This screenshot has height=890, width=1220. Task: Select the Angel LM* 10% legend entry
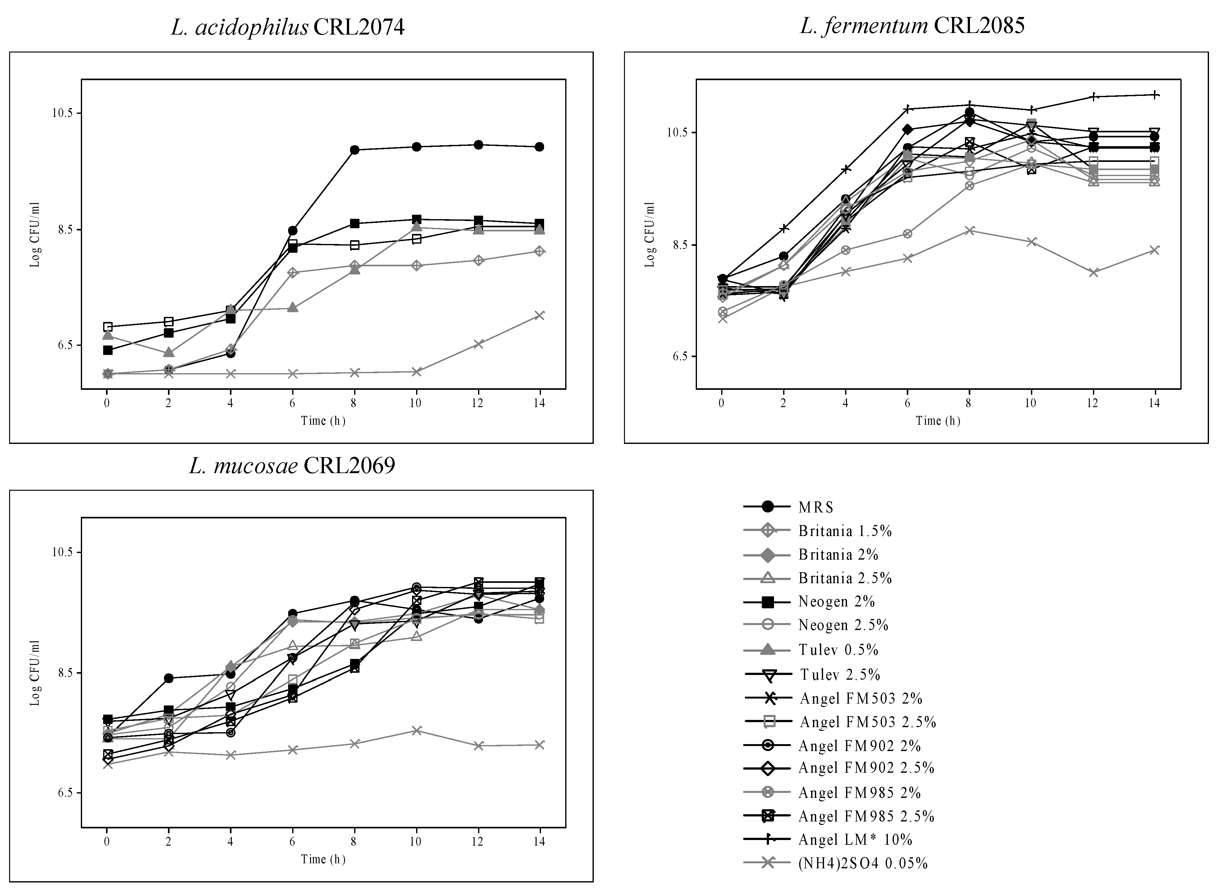coord(855,839)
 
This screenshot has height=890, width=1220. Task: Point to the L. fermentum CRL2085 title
coord(912,25)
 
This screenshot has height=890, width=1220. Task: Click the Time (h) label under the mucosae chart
coord(323,859)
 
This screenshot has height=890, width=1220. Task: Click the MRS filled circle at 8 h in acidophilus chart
coord(354,150)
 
